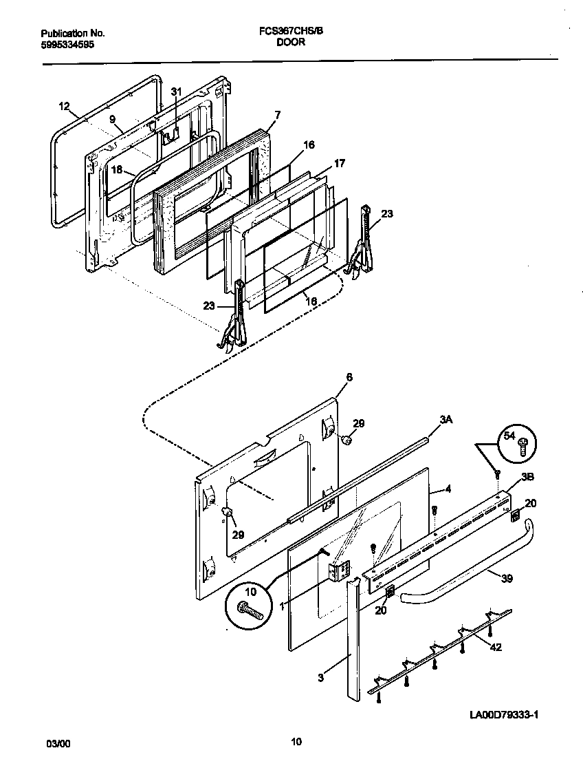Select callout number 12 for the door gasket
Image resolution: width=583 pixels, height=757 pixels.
64,106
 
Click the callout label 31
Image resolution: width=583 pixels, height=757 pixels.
176,92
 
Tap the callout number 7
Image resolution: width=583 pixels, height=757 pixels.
277,114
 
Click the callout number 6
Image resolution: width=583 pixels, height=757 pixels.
349,377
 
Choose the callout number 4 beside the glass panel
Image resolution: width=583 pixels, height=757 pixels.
448,490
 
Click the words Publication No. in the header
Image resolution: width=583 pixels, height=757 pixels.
73,33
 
